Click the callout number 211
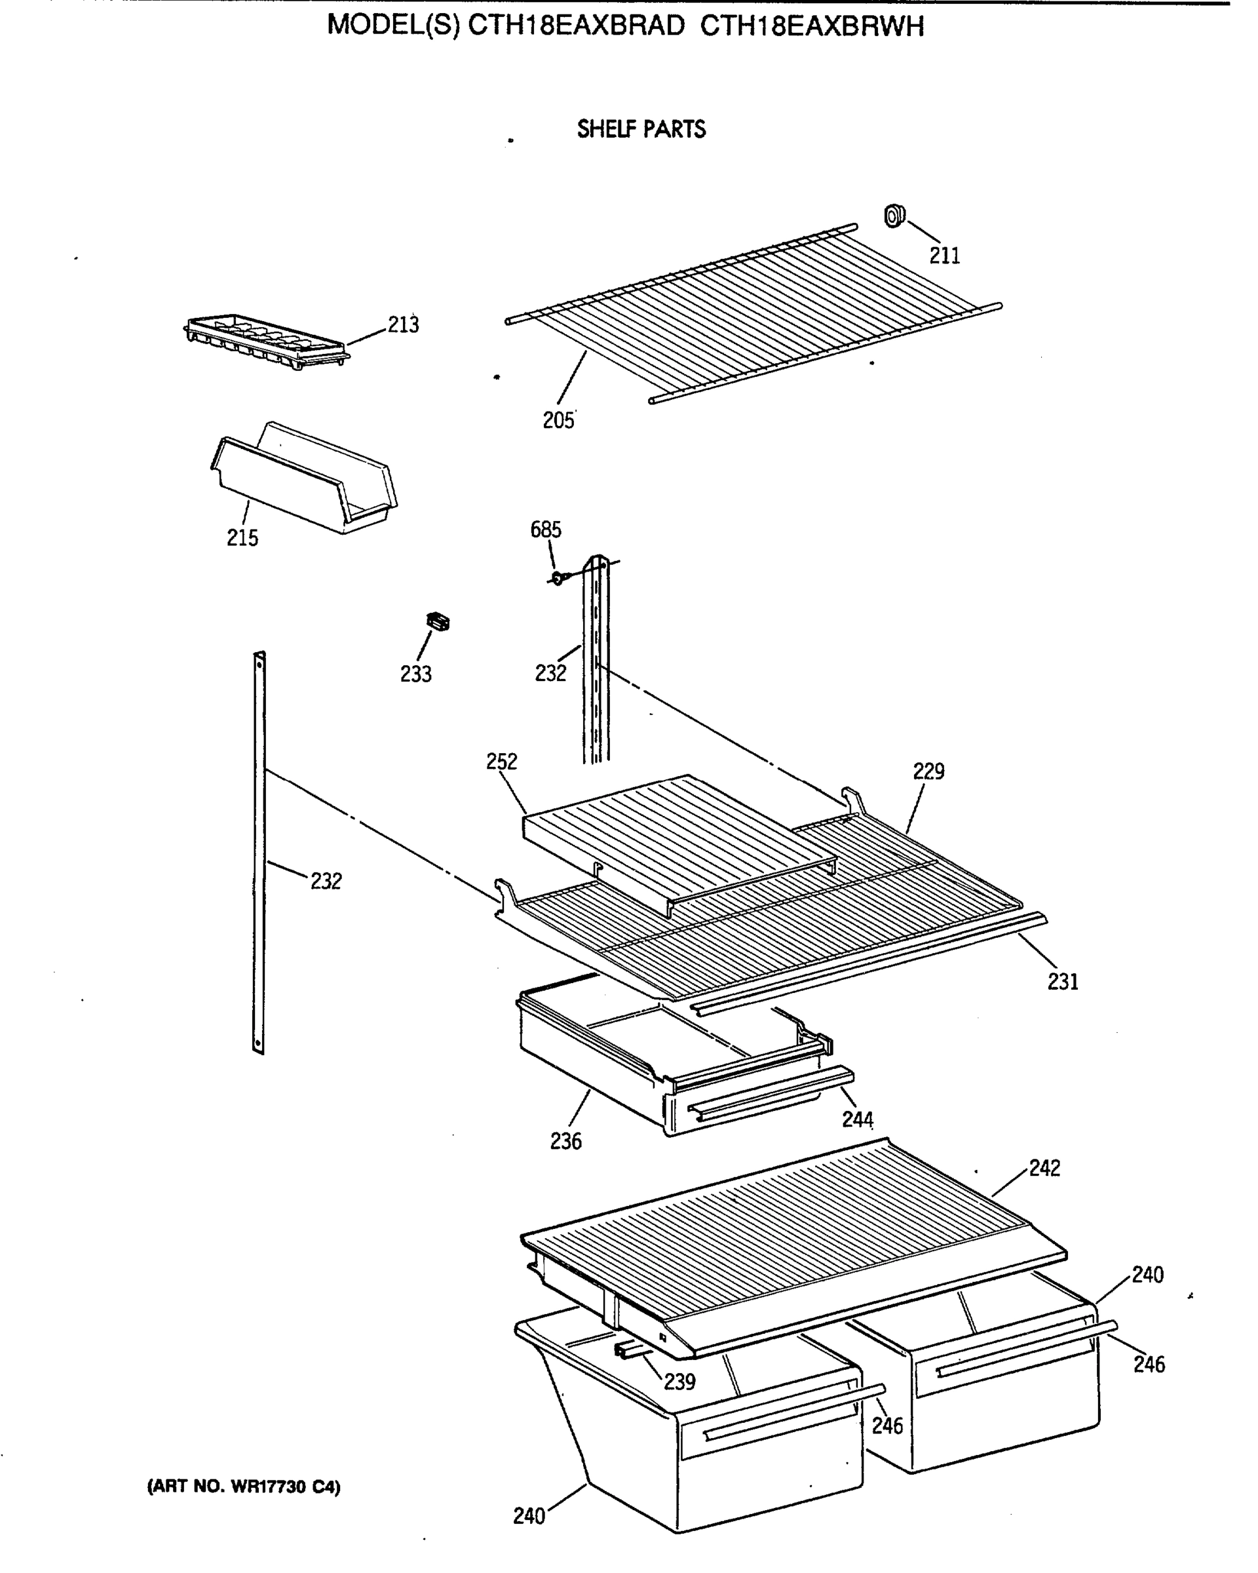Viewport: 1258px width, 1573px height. (943, 256)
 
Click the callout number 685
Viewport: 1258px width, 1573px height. (546, 530)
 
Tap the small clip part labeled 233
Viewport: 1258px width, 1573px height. (438, 621)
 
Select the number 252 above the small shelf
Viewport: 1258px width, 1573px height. (502, 762)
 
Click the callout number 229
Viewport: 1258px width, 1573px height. (928, 771)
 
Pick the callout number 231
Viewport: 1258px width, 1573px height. (1063, 982)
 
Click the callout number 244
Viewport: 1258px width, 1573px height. (857, 1119)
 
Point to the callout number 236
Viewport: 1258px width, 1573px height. (566, 1141)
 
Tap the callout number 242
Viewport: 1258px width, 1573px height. (1044, 1168)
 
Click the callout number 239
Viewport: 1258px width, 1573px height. (679, 1381)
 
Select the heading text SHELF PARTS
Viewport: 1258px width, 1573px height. (641, 129)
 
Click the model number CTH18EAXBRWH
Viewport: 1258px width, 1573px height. (812, 26)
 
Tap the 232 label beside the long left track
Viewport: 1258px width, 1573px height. (326, 882)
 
